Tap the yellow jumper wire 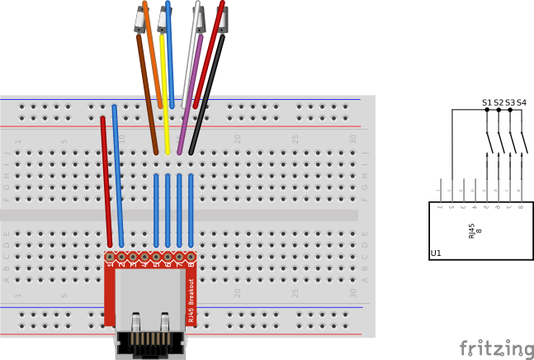(x=165, y=99)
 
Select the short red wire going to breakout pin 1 (x=106, y=182)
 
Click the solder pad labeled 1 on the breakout (x=110, y=256)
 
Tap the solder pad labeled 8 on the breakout (x=191, y=256)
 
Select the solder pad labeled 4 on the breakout (x=144, y=256)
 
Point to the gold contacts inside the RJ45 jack (x=149, y=339)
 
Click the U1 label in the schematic (x=436, y=253)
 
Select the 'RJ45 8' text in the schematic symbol (x=475, y=230)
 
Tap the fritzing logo (x=496, y=348)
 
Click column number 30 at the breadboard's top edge (x=353, y=139)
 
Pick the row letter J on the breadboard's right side (x=365, y=153)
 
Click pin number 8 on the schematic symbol (x=521, y=206)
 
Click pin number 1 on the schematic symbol (x=440, y=206)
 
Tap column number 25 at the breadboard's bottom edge (x=295, y=292)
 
